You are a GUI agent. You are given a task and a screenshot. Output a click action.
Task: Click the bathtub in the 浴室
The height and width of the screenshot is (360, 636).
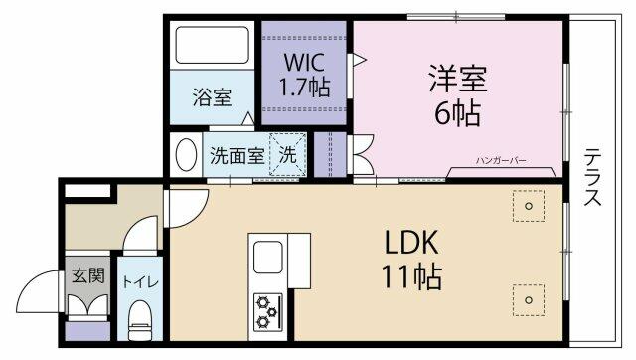[212, 45]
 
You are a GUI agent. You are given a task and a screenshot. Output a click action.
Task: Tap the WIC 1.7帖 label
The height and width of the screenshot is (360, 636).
[304, 75]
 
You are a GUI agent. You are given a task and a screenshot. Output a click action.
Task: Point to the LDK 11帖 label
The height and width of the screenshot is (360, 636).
[411, 259]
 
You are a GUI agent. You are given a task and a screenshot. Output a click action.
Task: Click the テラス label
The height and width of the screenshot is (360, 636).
[592, 177]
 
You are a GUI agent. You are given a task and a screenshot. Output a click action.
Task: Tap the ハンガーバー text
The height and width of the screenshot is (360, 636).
[501, 161]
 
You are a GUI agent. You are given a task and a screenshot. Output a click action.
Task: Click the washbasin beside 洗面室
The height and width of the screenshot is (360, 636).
[186, 154]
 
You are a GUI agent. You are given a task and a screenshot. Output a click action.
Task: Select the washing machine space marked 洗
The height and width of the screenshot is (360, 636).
[287, 154]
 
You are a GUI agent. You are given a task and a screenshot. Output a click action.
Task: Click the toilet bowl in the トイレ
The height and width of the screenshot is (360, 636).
[140, 320]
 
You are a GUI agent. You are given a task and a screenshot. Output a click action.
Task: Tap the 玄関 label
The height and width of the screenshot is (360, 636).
[88, 275]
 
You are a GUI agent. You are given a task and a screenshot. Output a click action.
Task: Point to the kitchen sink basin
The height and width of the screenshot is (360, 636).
[267, 258]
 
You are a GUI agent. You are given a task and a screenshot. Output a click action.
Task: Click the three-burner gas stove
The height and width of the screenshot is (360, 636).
[267, 311]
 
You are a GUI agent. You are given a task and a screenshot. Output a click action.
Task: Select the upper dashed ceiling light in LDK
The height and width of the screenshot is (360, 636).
[528, 206]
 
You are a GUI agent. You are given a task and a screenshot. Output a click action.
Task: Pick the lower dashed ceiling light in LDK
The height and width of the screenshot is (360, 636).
[528, 300]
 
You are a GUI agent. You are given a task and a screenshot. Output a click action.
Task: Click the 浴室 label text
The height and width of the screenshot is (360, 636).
[212, 97]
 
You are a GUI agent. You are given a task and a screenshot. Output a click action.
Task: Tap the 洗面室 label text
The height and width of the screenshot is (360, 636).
[238, 155]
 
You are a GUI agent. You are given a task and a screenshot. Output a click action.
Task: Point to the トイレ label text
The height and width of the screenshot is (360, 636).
[140, 281]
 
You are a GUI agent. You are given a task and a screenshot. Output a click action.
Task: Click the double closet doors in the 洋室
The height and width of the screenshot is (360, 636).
[362, 154]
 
